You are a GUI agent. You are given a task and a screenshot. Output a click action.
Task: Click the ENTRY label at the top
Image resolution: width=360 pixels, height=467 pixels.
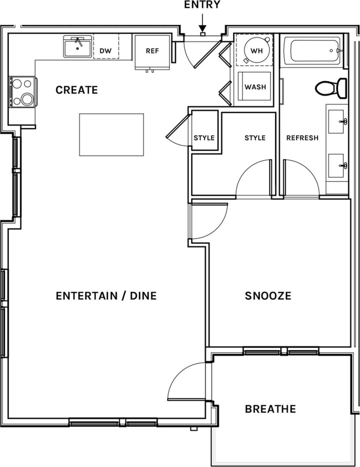(x=202, y=5)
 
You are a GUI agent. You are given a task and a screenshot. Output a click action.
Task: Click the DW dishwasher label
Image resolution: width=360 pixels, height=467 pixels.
(x=106, y=51)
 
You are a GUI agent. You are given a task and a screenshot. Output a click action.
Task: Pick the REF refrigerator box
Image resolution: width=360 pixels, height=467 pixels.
(x=152, y=51)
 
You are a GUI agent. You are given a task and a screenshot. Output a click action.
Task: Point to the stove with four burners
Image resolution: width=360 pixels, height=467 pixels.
(x=22, y=92)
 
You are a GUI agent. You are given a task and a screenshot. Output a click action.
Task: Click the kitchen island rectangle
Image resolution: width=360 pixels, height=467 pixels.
(x=112, y=135)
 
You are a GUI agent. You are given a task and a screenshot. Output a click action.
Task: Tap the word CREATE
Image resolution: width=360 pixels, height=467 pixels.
(x=77, y=90)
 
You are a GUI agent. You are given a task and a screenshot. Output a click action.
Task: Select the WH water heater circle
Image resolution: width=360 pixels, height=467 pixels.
(x=257, y=51)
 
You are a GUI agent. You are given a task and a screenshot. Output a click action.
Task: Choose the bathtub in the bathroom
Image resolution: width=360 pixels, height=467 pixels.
(x=315, y=50)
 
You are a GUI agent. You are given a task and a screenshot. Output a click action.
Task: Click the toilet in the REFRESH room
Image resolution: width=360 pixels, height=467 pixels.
(x=331, y=88)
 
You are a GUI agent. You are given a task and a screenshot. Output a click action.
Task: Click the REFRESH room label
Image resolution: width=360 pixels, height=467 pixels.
(x=302, y=138)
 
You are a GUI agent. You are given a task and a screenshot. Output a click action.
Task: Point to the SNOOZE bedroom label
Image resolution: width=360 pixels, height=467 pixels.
(x=268, y=296)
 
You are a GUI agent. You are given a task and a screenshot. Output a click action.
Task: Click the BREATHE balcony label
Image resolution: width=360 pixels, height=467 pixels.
(x=270, y=409)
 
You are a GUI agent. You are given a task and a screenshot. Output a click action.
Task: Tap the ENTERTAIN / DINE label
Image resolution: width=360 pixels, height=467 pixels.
(x=106, y=296)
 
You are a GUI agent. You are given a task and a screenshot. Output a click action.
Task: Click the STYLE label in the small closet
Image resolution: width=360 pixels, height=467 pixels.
(x=204, y=138)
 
